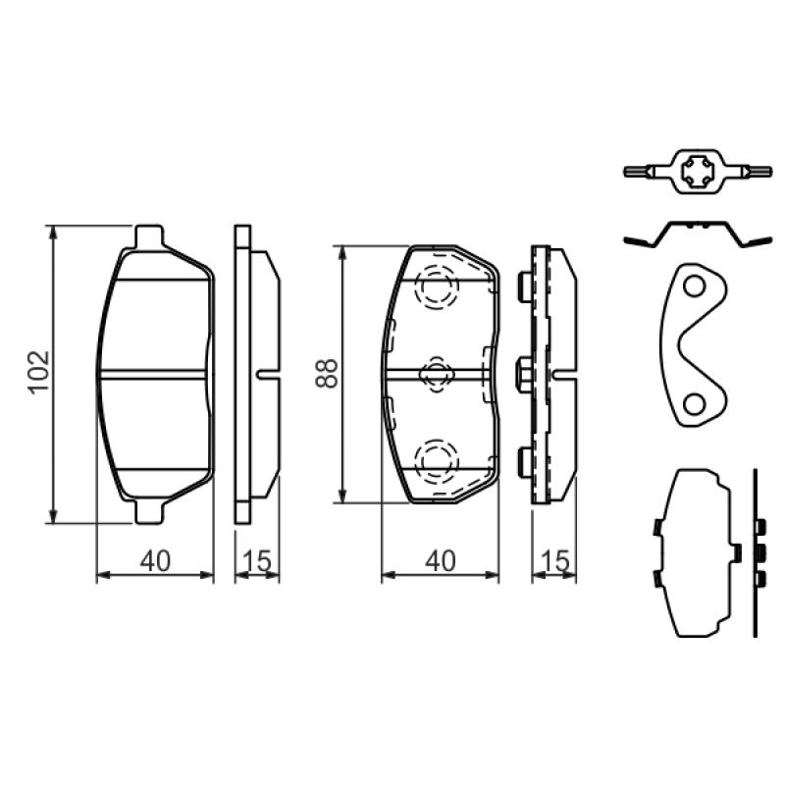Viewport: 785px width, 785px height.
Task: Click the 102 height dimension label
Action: [x=39, y=373]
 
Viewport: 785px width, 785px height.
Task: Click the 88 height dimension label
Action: [x=327, y=374]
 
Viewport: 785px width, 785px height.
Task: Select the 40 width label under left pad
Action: [x=155, y=560]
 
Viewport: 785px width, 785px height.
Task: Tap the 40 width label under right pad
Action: [x=441, y=560]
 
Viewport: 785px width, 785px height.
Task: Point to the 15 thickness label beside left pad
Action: [x=257, y=560]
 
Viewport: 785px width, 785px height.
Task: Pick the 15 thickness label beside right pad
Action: [x=555, y=560]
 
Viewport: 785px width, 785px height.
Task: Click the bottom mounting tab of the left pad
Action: [x=149, y=511]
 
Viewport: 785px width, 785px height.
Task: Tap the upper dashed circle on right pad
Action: [x=436, y=287]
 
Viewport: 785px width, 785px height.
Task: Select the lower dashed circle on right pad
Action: [x=436, y=461]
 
